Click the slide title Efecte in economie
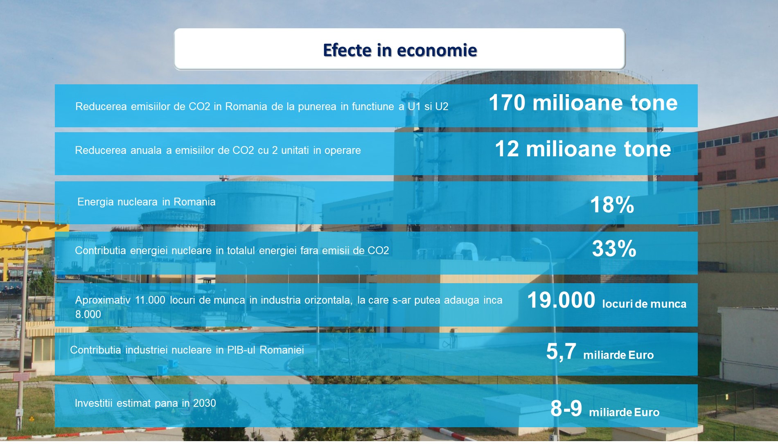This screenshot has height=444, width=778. [x=400, y=50]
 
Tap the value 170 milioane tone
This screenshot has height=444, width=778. [x=583, y=102]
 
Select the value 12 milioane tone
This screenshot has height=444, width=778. [x=583, y=149]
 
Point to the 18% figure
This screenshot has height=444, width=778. [x=612, y=205]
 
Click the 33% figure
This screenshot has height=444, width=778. [x=614, y=248]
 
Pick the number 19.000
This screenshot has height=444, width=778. [x=561, y=300]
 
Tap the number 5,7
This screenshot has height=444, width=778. [x=561, y=352]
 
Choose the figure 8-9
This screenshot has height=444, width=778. [x=566, y=408]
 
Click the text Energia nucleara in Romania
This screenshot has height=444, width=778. [x=147, y=202]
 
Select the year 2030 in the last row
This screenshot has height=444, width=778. [x=204, y=403]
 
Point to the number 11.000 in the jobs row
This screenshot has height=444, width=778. [x=150, y=300]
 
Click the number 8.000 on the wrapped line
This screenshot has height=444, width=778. [x=88, y=314]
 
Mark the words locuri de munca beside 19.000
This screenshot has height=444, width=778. [x=644, y=304]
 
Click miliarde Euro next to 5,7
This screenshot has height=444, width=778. [x=618, y=355]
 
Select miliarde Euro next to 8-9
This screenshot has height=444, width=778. [x=624, y=412]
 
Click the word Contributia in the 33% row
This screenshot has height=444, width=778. [x=101, y=250]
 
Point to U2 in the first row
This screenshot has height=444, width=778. [x=442, y=106]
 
